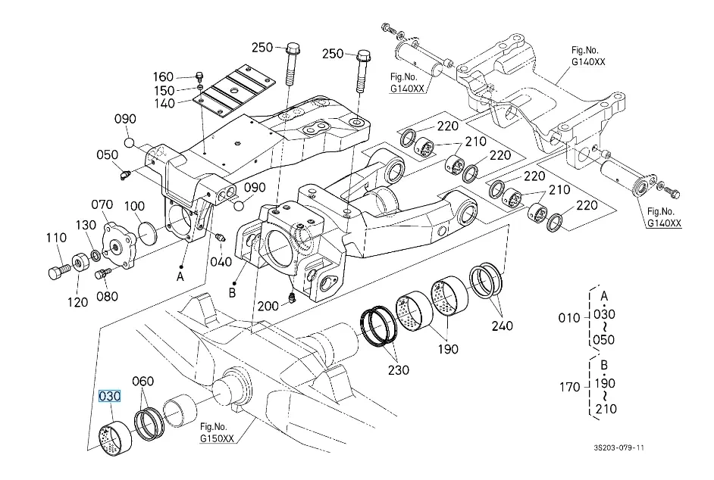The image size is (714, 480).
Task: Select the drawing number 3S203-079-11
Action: tap(619, 447)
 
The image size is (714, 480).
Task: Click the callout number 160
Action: tap(163, 76)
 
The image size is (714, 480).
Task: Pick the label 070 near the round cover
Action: tap(102, 205)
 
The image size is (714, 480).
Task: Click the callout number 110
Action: tap(56, 238)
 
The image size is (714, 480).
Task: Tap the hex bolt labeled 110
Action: tap(56, 270)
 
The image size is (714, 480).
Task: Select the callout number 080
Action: tap(107, 296)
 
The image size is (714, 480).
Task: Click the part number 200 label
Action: tap(268, 306)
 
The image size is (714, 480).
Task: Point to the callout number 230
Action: tap(399, 369)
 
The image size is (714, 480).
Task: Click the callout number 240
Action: tap(502, 326)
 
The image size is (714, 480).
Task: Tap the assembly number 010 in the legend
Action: tap(569, 317)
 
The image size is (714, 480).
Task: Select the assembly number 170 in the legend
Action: tap(569, 387)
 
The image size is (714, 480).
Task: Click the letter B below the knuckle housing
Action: tap(233, 291)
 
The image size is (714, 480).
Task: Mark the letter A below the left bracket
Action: tap(180, 277)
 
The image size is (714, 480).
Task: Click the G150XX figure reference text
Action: tap(217, 438)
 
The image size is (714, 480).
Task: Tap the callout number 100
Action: tap(133, 206)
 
